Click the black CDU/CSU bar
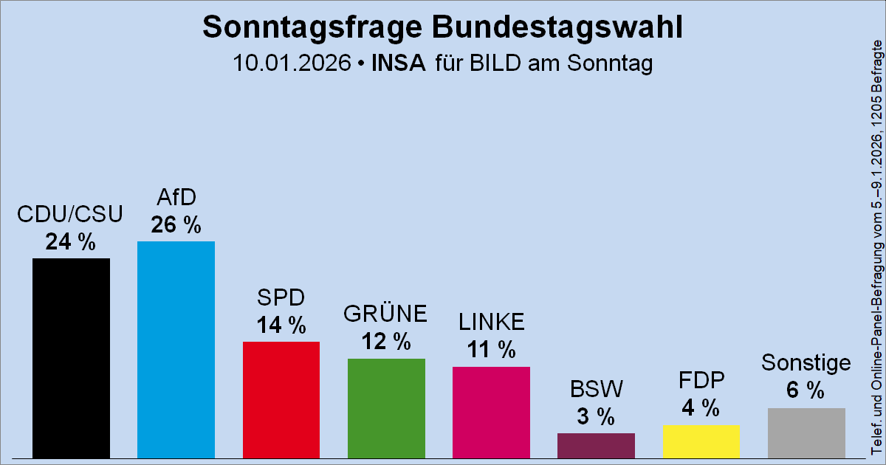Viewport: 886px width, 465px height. tap(71, 358)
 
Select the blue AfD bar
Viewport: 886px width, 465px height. tap(176, 349)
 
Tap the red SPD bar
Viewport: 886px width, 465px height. tap(281, 399)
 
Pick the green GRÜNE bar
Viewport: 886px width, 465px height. tap(386, 408)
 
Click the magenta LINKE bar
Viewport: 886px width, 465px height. tap(491, 412)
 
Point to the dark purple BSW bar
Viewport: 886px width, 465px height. tap(596, 445)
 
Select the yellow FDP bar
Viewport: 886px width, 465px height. tap(701, 441)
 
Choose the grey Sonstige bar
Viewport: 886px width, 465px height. tap(806, 433)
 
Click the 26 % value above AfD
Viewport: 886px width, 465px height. tap(176, 224)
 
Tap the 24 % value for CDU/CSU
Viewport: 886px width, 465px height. tap(70, 241)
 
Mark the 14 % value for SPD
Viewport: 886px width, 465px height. tap(281, 325)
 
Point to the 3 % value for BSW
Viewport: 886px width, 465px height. tap(596, 416)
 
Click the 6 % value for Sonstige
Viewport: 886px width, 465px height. tap(806, 391)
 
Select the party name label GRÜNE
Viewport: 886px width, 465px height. tap(385, 314)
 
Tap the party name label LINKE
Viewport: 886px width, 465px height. tap(491, 323)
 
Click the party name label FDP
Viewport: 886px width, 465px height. tap(701, 380)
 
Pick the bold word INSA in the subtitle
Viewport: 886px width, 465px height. tap(399, 63)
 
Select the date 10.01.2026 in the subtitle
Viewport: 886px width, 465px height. tap(291, 63)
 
